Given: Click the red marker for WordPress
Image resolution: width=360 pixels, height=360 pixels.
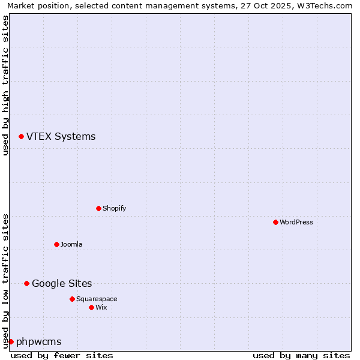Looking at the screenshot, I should pos(275,222).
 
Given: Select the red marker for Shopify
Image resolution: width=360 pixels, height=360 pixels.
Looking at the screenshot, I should pos(98,208).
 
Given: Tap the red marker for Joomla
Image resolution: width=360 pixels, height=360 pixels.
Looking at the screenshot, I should pos(56,244).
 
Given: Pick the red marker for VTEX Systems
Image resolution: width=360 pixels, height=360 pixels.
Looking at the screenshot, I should pos(21,137).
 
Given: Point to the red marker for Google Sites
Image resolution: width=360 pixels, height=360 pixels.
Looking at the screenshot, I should pos(26,283).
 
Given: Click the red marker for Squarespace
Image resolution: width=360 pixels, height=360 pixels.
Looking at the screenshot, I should pos(72,299).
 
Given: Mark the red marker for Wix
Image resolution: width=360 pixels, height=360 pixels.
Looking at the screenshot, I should pos(91,307).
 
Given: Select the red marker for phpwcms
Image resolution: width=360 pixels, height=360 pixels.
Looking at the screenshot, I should pos(11,341).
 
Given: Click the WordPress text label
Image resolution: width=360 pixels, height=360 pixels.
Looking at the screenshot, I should pos(296,222).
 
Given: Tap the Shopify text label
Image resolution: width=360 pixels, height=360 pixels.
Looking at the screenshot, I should pos(114,208).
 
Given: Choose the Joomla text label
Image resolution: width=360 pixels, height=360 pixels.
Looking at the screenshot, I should pos(71,244).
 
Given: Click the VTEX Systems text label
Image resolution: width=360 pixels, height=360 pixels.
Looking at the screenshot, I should pos(61,137).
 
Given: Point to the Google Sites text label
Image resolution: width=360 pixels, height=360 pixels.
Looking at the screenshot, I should pos(62,283).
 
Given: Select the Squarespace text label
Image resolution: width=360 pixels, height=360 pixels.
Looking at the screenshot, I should pos(97,299).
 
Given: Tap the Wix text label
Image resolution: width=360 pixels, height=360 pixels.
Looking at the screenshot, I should pos(101,307).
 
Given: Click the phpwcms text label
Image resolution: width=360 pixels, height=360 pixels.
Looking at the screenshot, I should pos(38,341).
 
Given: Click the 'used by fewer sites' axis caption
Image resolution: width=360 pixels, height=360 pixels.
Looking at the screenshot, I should pos(62,355).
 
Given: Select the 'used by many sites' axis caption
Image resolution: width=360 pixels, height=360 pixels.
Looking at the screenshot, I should pos(301,355).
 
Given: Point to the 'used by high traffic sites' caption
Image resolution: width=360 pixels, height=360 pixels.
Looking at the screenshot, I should pos(5,85).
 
